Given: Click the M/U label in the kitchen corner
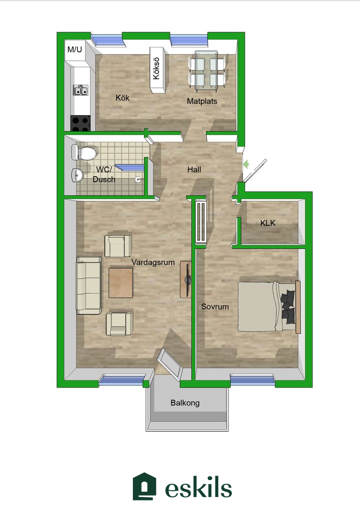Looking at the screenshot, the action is pos(74,49).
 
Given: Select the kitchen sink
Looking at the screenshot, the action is pos(81,90).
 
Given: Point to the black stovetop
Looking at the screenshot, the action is pos(80,123).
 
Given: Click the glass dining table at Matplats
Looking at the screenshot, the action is pos(207,71).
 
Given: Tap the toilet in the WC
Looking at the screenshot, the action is pos(84,153).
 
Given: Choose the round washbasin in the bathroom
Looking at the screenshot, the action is pos(77,175).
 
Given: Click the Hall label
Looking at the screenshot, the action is pos(194,169).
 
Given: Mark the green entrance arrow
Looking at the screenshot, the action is pos(246,164).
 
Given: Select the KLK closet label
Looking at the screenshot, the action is pos(268,223).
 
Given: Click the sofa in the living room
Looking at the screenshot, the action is pos(89,285).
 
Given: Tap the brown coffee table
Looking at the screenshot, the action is pos(121,283).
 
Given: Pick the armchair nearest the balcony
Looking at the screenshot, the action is pos(119,324).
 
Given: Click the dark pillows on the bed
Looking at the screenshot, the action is pos(288,306).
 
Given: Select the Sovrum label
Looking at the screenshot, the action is pos(215,306).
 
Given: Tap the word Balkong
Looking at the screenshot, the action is pos(185,403).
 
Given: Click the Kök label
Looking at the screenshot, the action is pos(122,98).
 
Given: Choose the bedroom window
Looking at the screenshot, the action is pos(253,379).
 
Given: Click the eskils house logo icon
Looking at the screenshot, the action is pos(145,486).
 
